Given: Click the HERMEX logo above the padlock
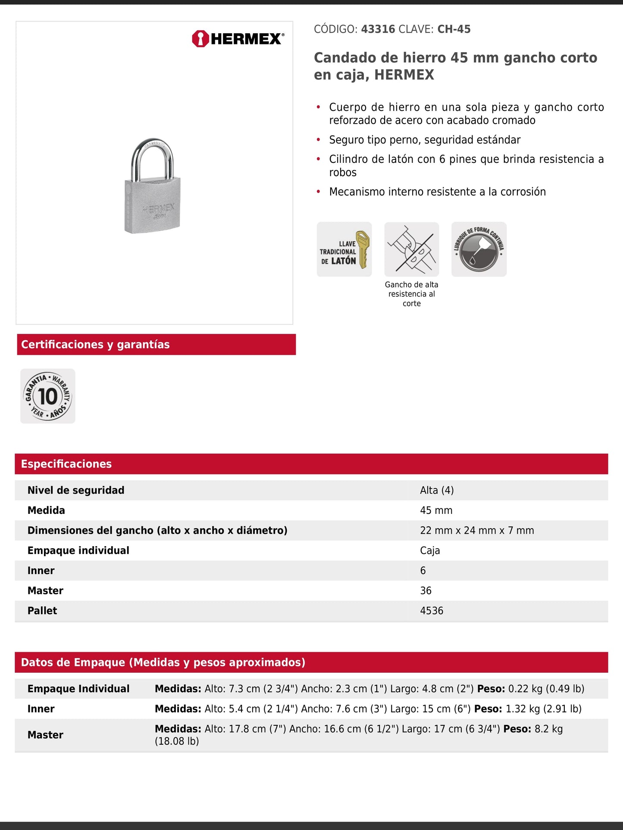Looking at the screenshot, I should click(238, 39).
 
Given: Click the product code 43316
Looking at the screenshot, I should click(378, 29).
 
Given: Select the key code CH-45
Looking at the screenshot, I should click(454, 29).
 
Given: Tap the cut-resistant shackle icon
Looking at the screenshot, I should click(412, 249).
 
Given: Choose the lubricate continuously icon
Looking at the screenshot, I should click(479, 249).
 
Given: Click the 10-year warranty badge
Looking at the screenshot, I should click(48, 396).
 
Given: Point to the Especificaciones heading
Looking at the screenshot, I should click(66, 464).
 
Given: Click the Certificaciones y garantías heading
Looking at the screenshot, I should click(95, 345).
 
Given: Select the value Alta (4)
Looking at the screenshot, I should click(437, 490).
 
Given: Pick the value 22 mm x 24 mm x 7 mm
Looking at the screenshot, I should click(477, 530).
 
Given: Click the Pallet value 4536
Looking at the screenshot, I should click(432, 611).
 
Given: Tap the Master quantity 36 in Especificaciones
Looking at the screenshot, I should click(426, 591).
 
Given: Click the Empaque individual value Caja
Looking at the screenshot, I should click(430, 550).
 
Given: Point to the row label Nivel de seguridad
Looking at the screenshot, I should click(76, 490).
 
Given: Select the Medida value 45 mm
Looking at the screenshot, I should click(436, 510).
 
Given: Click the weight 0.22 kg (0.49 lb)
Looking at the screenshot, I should click(546, 689).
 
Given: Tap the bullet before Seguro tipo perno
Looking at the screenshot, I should click(319, 140).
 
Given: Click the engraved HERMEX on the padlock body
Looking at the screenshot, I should click(158, 208).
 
